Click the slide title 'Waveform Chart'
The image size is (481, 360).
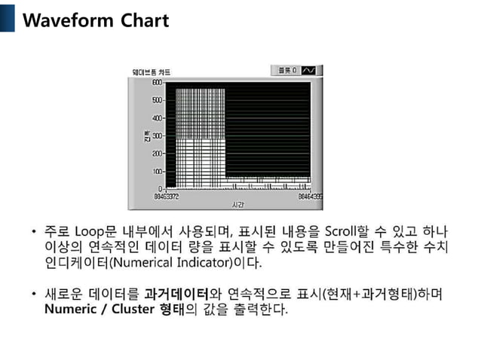click(x=96, y=20)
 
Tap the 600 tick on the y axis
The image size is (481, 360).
click(x=157, y=82)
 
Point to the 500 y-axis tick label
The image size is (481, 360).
click(x=157, y=100)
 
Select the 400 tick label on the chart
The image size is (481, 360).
click(x=157, y=118)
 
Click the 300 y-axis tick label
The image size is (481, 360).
click(x=157, y=136)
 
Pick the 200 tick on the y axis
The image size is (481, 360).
click(x=157, y=154)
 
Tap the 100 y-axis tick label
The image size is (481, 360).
click(x=157, y=171)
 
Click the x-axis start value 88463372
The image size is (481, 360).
click(x=167, y=196)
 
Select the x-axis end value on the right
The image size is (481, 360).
click(x=310, y=196)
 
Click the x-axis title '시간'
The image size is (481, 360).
click(x=238, y=204)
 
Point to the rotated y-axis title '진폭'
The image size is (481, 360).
click(x=148, y=136)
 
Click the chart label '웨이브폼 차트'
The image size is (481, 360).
click(x=152, y=72)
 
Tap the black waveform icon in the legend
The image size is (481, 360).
click(x=310, y=70)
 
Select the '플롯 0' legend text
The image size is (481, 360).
click(x=286, y=70)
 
